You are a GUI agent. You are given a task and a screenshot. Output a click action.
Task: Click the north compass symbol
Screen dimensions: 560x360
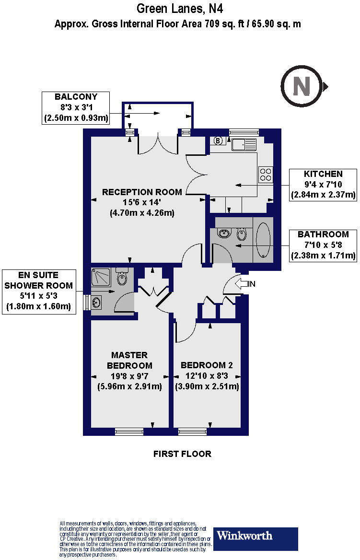pos(302,87)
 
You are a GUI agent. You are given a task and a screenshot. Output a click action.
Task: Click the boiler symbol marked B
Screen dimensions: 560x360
pos(219,141)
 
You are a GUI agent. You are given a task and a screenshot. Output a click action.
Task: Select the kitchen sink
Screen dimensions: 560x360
pos(244,143)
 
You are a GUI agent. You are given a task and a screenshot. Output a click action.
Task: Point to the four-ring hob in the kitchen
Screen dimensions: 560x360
pos(266,174)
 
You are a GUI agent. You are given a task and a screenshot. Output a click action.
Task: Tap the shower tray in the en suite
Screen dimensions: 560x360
pos(101,279)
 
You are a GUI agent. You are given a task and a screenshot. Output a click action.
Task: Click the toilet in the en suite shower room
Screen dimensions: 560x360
pos(123,277)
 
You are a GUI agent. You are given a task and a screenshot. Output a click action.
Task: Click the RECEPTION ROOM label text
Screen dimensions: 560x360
pos(142,192)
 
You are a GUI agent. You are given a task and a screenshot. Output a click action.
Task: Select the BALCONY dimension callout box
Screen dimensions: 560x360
pos(76,108)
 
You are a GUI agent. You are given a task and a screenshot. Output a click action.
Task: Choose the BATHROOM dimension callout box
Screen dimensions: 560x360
pos(323,245)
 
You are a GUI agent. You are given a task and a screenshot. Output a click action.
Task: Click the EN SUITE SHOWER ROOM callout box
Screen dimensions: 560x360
pos(39,292)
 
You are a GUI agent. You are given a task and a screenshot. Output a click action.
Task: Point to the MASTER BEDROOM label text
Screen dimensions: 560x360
pos(129,360)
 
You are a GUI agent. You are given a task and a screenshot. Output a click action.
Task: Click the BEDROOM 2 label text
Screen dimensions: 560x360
pos(207,365)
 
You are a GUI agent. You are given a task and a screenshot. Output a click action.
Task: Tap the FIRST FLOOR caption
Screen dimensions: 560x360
pos(182,454)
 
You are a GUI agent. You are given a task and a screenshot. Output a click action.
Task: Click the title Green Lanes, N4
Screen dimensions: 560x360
pos(180,9)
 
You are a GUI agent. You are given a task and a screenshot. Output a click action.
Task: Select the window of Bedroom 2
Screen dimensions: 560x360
pos(192,432)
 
